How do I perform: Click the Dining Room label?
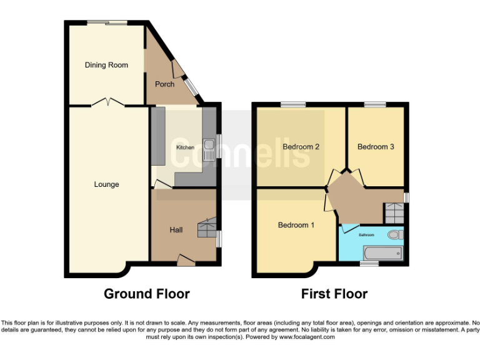106,65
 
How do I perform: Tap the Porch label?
164,84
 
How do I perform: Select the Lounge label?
106,184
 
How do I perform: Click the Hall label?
176,230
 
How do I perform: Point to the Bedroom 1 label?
296,225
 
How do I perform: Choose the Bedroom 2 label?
301,147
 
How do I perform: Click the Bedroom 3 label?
376,147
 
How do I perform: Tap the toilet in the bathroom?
395,236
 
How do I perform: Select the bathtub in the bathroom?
382,253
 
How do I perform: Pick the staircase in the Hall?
206,227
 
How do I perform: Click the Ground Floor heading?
146,294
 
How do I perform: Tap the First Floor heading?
334,294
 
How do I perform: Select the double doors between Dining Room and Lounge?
107,102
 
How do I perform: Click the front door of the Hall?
186,259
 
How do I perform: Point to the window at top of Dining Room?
107,23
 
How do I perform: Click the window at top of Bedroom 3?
375,104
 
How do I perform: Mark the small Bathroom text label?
366,235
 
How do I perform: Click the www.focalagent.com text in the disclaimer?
307,337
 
